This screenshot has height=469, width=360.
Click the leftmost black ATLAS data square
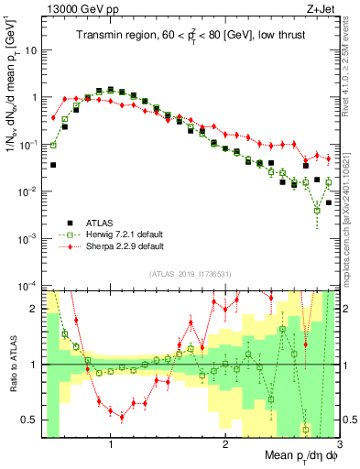pyautogui.click(x=53, y=165)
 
